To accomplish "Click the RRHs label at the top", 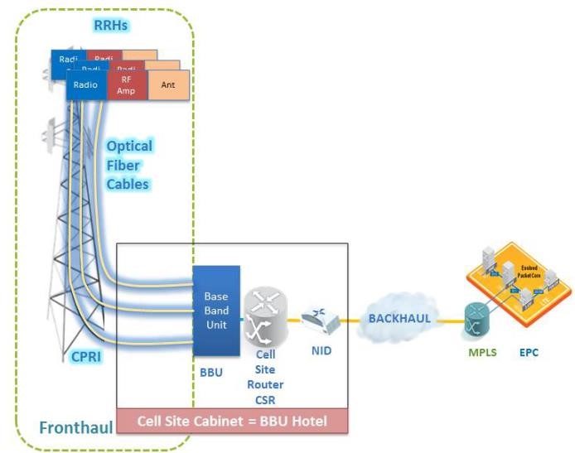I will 111,26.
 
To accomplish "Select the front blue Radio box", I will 86,85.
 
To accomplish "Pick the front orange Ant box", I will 168,85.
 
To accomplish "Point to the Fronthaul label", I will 76,427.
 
